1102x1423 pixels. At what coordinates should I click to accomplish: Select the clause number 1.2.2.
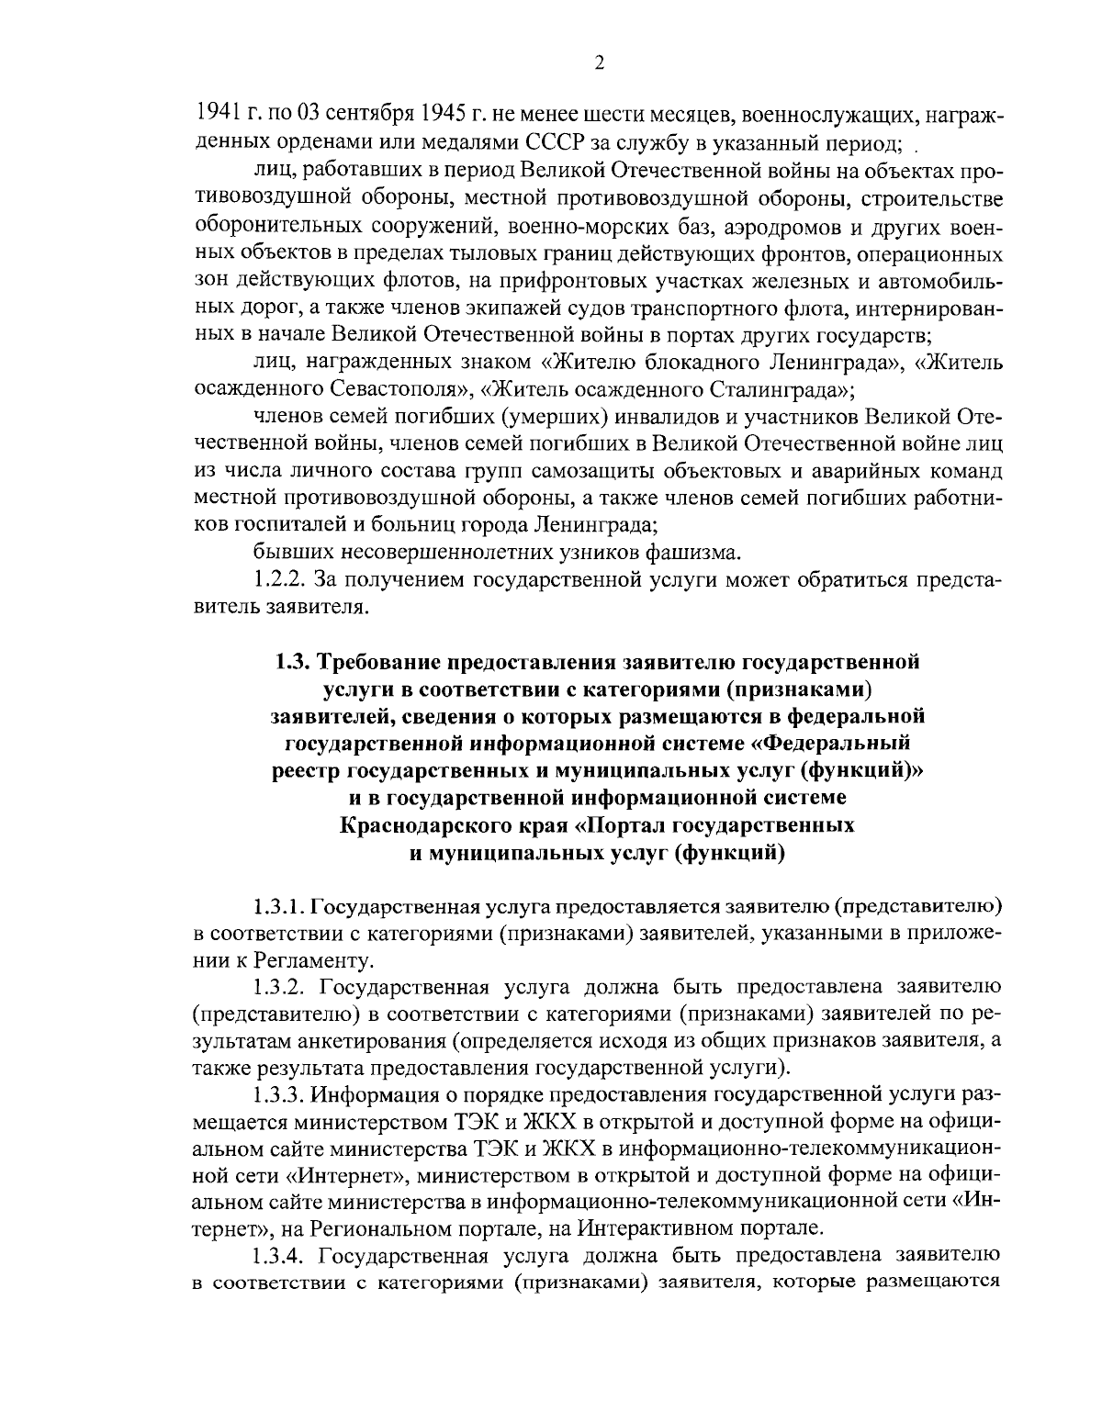[x=280, y=580]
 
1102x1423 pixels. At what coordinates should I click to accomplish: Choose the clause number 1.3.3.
[x=280, y=1096]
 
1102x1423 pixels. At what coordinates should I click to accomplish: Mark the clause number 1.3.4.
[x=281, y=1258]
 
